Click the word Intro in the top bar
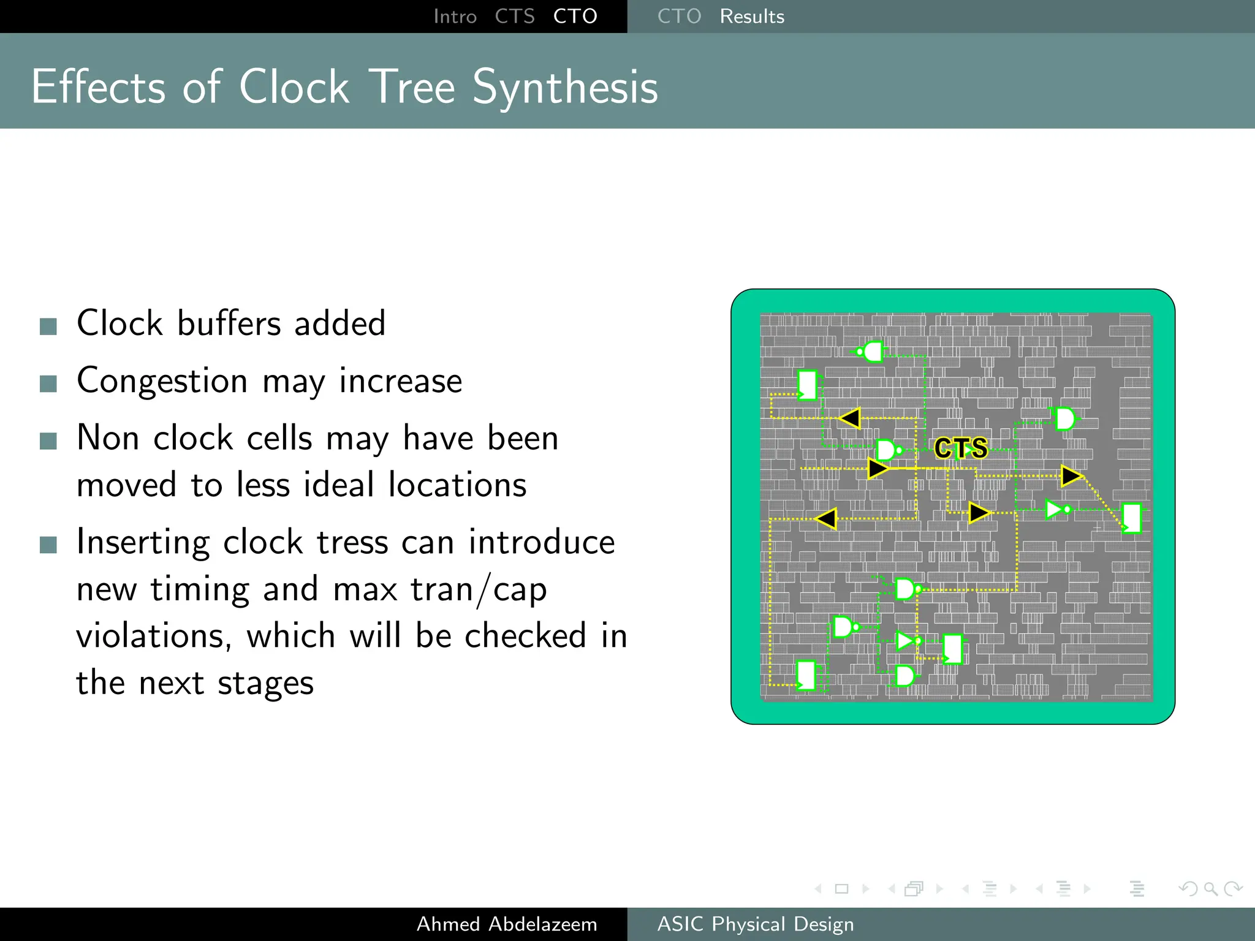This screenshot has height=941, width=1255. click(455, 17)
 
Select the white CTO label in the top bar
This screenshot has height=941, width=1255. click(575, 17)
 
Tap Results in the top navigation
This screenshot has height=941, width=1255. click(752, 17)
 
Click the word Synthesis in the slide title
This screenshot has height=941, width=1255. click(565, 88)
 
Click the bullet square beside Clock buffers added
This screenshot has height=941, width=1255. click(48, 327)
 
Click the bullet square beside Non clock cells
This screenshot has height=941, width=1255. click(48, 440)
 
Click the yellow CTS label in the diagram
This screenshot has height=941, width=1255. click(961, 448)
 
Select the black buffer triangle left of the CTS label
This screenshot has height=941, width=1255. click(878, 469)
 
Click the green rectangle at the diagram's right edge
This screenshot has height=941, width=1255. click(1131, 518)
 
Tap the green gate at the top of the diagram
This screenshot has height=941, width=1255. click(871, 352)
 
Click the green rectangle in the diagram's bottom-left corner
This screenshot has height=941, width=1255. click(806, 675)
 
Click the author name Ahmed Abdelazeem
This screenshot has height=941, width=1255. click(507, 924)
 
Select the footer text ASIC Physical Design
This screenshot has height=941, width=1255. click(755, 924)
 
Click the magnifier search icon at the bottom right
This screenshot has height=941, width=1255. click(1210, 888)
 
